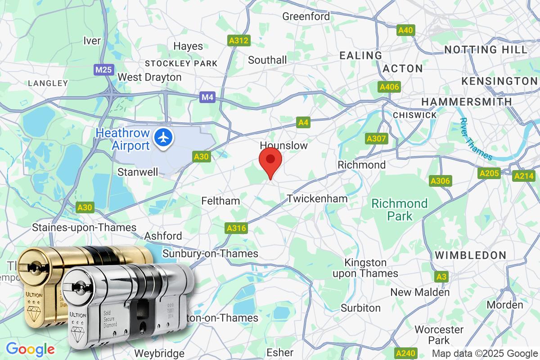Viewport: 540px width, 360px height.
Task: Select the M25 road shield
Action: (104, 70)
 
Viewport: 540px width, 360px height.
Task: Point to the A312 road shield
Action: (238, 41)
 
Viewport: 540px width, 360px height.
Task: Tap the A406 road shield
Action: (389, 87)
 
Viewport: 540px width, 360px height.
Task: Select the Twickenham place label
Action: (317, 198)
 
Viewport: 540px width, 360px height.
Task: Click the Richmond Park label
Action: (399, 210)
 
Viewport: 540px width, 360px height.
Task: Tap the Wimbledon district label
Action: (470, 255)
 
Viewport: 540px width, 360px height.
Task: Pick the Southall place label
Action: (267, 60)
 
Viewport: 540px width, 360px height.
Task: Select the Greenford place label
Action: (306, 17)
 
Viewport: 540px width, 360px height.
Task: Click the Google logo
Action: (30, 349)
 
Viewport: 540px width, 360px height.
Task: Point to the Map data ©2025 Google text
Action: (485, 353)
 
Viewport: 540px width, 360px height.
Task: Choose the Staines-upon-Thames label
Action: (84, 228)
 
